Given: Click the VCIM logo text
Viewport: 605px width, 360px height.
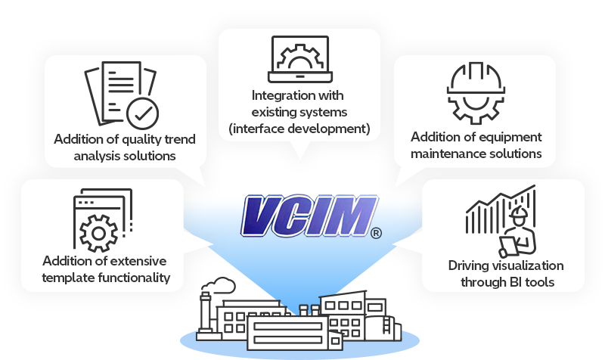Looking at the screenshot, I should coord(309,216).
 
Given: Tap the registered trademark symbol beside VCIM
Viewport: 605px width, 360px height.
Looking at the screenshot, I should coord(376,233).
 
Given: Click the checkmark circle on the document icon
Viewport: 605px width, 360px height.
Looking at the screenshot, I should coord(141,114).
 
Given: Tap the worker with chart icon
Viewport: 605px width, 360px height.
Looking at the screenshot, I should coord(502,222).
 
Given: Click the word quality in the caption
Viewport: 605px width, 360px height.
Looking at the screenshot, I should coord(144,139).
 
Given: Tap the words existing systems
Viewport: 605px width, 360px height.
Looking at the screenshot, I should coord(299,113).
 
